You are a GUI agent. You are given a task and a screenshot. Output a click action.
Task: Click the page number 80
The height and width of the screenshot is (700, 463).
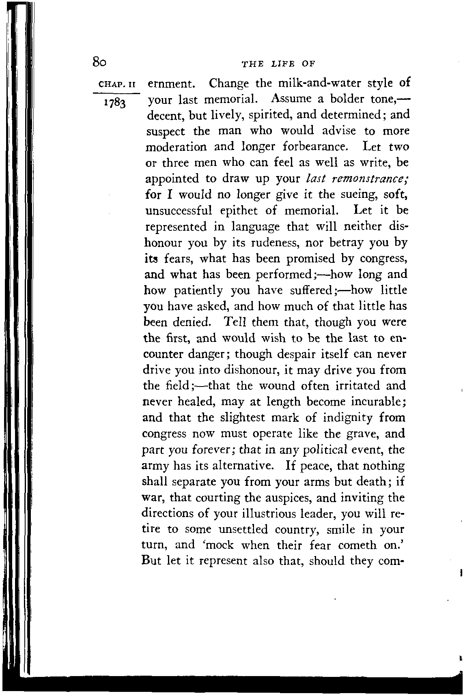coord(99,62)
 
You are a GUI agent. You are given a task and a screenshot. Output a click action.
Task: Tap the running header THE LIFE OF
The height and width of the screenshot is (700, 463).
coord(278,64)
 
